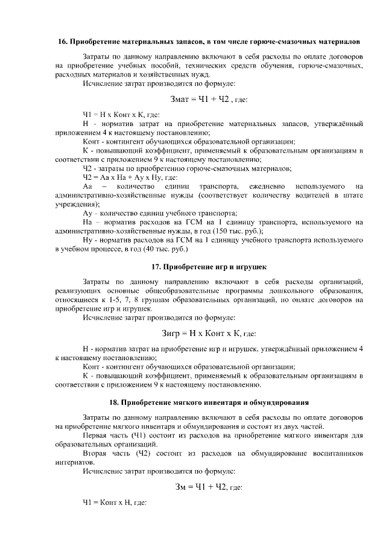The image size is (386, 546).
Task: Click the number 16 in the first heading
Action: (62, 42)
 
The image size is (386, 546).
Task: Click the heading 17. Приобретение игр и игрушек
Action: (207, 266)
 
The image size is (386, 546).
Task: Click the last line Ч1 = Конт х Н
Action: (114, 502)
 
